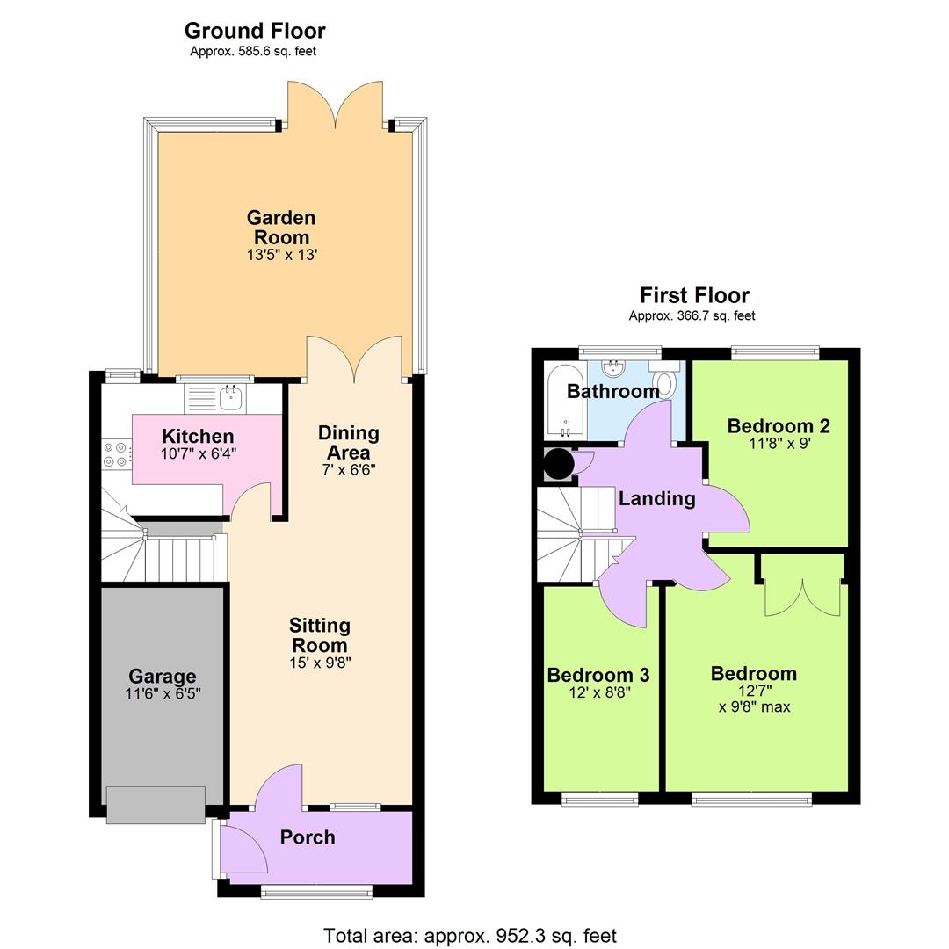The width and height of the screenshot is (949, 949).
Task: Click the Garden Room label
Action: click(x=281, y=227)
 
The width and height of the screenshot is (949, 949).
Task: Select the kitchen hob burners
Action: click(x=115, y=453)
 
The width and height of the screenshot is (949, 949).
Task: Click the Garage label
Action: click(x=162, y=676)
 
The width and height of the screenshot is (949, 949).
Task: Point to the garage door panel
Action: click(x=156, y=804)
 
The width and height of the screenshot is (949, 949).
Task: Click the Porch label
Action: click(x=308, y=837)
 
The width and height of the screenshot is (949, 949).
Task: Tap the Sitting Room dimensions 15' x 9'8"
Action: click(x=320, y=663)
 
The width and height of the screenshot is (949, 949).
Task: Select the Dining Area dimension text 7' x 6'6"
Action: click(x=349, y=469)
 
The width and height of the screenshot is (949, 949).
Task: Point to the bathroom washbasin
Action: click(x=613, y=369)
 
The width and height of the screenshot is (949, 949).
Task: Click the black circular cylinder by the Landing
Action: click(x=558, y=463)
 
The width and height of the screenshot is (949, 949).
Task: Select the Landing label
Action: click(x=657, y=499)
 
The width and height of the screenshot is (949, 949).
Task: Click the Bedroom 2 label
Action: click(x=779, y=426)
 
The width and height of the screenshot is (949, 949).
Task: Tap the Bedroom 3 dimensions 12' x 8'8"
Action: click(x=599, y=692)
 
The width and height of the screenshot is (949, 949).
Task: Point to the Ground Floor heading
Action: click(x=255, y=31)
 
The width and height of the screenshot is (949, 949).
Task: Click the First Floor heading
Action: click(x=694, y=295)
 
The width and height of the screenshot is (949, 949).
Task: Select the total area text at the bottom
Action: click(x=470, y=936)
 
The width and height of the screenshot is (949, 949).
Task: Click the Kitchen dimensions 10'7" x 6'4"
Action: click(x=199, y=453)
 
